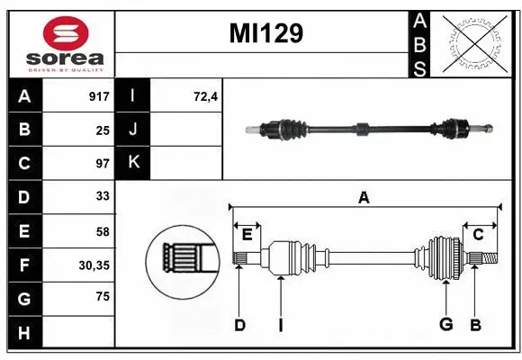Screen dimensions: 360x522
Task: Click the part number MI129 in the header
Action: click(265, 34)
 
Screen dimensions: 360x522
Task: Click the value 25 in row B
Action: click(103, 130)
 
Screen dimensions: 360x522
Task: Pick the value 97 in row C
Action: click(103, 164)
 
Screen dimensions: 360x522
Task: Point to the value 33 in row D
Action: click(103, 196)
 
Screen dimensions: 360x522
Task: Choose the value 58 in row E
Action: click(103, 231)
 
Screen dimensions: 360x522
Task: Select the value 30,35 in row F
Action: click(95, 265)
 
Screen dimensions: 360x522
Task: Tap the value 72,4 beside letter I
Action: click(206, 95)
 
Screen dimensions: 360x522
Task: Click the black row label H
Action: click(24, 333)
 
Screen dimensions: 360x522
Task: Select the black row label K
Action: click(134, 163)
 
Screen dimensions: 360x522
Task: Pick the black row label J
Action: click(134, 130)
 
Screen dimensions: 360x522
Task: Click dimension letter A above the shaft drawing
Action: click(364, 198)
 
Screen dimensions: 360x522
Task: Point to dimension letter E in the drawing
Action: click(247, 235)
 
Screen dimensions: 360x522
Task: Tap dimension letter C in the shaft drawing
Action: click(478, 235)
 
